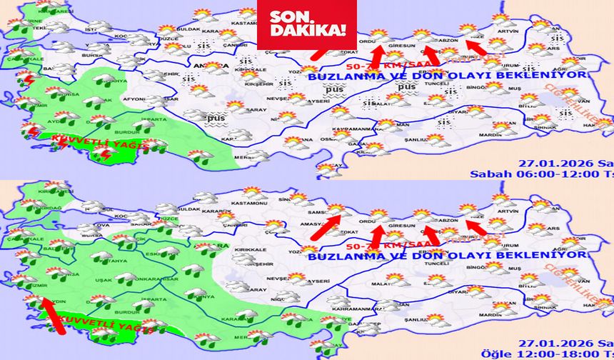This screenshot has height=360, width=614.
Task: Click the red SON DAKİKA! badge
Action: (307, 25)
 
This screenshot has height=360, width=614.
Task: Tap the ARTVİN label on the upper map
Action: (508, 31)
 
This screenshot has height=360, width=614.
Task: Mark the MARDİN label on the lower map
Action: (508, 314)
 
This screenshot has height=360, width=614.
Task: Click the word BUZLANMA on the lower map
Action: (339, 255)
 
